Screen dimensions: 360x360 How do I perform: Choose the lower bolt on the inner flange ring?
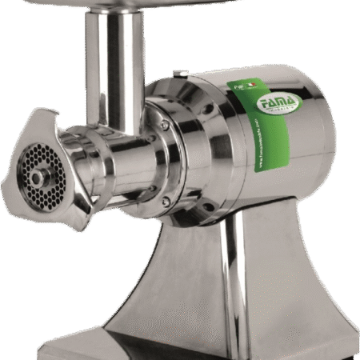164,199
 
